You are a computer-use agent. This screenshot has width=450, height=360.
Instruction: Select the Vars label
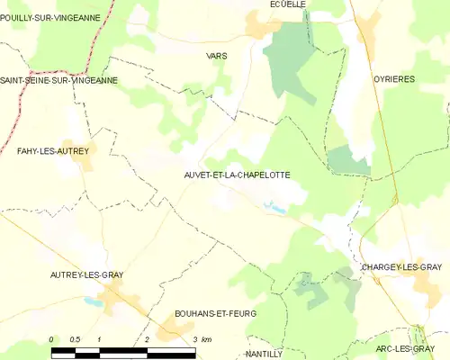tap(217, 56)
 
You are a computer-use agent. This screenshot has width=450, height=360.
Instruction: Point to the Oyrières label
tap(394, 79)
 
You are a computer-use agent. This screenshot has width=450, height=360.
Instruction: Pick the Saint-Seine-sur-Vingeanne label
tap(58, 80)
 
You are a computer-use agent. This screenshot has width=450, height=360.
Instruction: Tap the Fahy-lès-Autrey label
tap(53, 151)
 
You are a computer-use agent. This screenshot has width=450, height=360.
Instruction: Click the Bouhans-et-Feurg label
tap(215, 313)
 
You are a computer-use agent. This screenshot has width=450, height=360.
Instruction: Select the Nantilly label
tap(265, 355)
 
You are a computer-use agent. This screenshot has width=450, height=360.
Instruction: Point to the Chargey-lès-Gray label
tap(400, 268)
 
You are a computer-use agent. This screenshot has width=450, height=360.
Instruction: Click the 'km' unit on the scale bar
tap(206, 339)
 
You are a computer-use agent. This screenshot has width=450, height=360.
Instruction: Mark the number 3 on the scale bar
tap(194, 339)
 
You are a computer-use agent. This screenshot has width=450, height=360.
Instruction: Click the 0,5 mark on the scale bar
tap(76, 339)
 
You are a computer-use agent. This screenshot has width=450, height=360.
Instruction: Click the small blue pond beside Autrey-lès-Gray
tap(91, 303)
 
